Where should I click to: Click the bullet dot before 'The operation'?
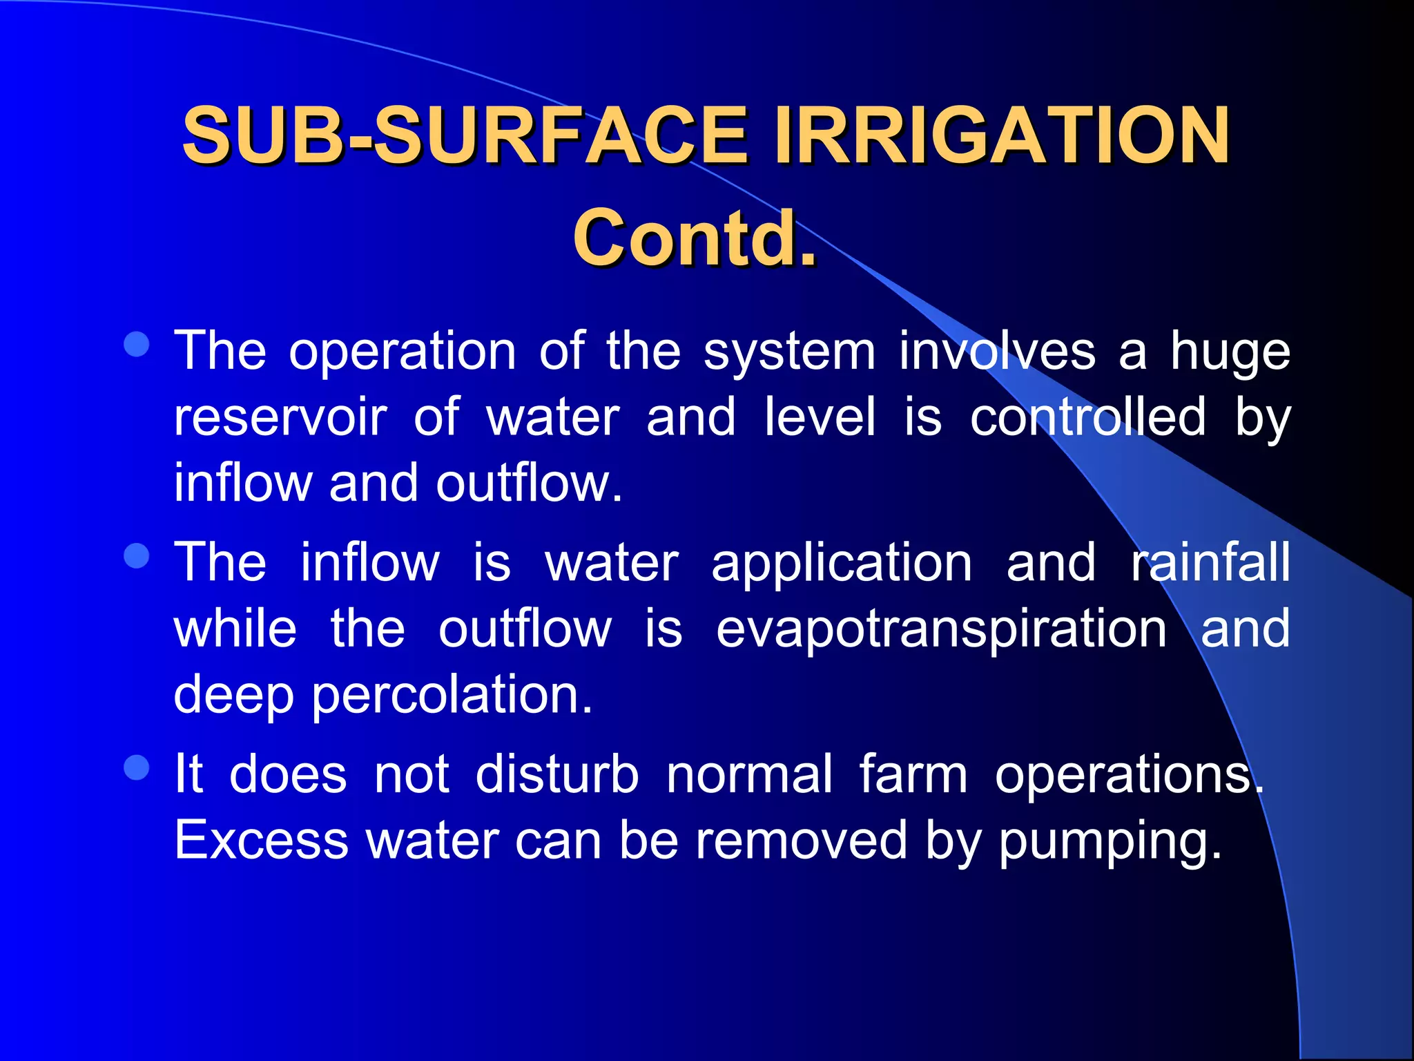point(137,345)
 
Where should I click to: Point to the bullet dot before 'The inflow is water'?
point(137,556)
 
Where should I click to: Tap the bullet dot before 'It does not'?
point(137,767)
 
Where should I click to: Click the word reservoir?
point(280,417)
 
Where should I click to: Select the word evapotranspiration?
point(942,629)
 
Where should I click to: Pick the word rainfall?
point(1210,562)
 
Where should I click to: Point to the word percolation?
point(452,695)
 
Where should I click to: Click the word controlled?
point(1088,417)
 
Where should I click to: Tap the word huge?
point(1230,352)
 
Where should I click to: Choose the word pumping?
point(1110,841)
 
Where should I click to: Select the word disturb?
point(557,774)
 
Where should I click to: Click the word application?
point(842,564)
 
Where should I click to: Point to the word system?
point(789,352)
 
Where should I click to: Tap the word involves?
point(997,351)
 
